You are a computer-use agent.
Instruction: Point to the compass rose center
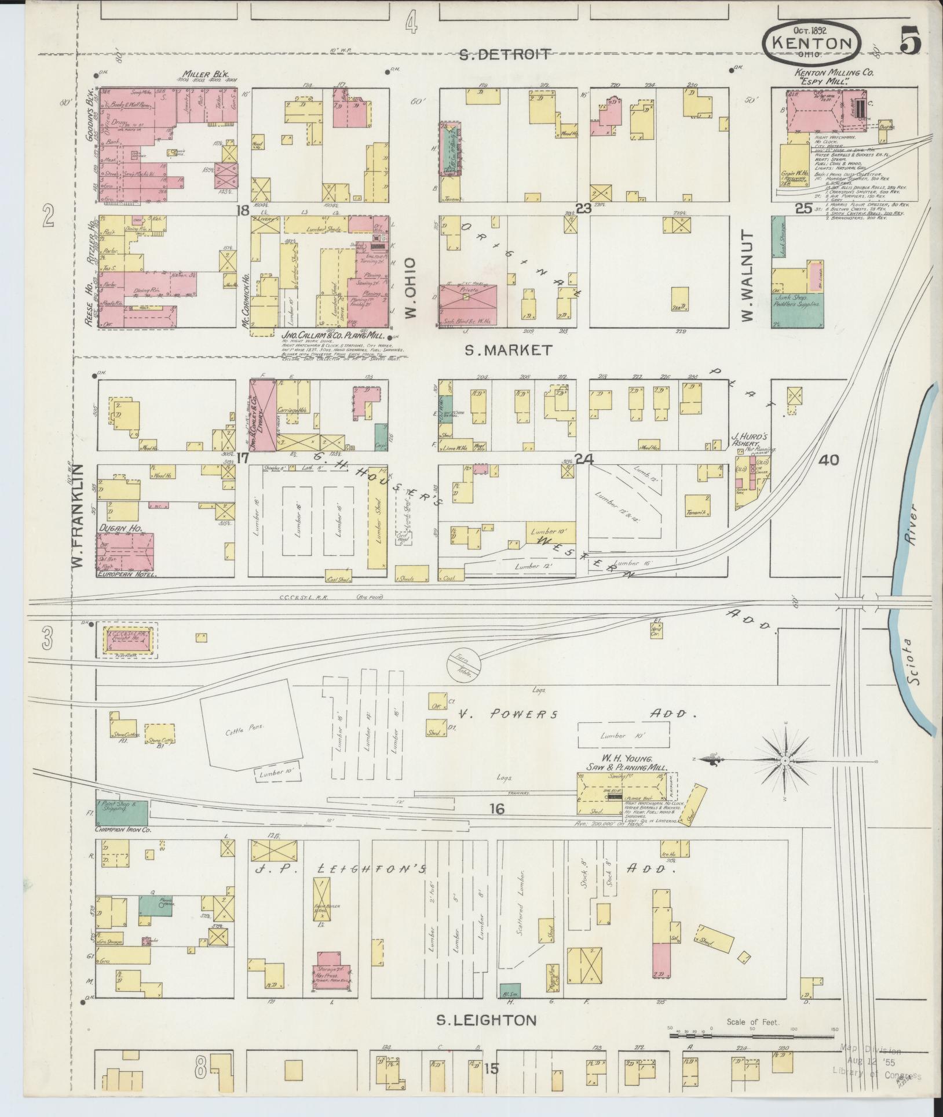pos(785,761)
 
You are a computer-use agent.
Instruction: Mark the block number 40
pos(829,460)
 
